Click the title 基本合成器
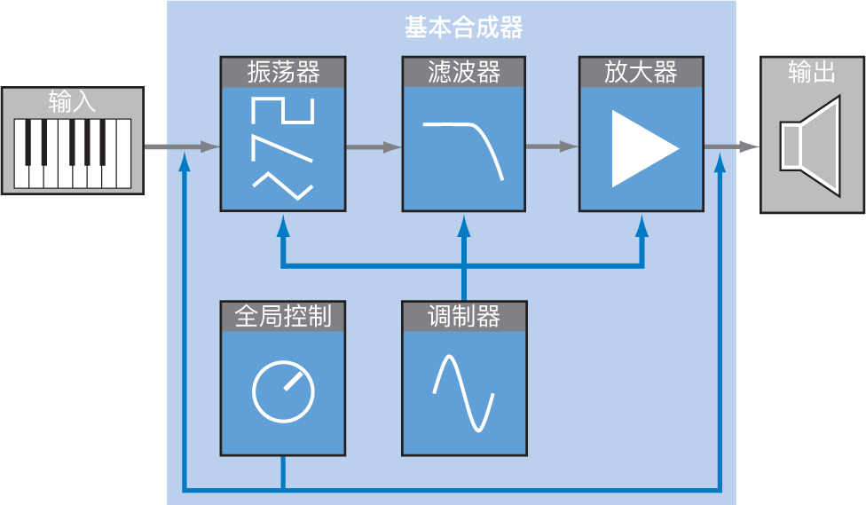pos(463,28)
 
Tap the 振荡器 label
pos(283,71)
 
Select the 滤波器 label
pos(464,71)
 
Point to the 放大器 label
pos(641,71)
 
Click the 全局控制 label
pos(283,315)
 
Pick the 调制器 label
pos(464,315)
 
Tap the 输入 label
pos(73,101)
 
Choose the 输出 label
pos(812,72)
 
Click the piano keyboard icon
pos(73,154)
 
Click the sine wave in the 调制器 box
pos(463,393)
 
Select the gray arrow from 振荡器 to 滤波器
pos(373,147)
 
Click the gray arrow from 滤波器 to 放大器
pos(552,147)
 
